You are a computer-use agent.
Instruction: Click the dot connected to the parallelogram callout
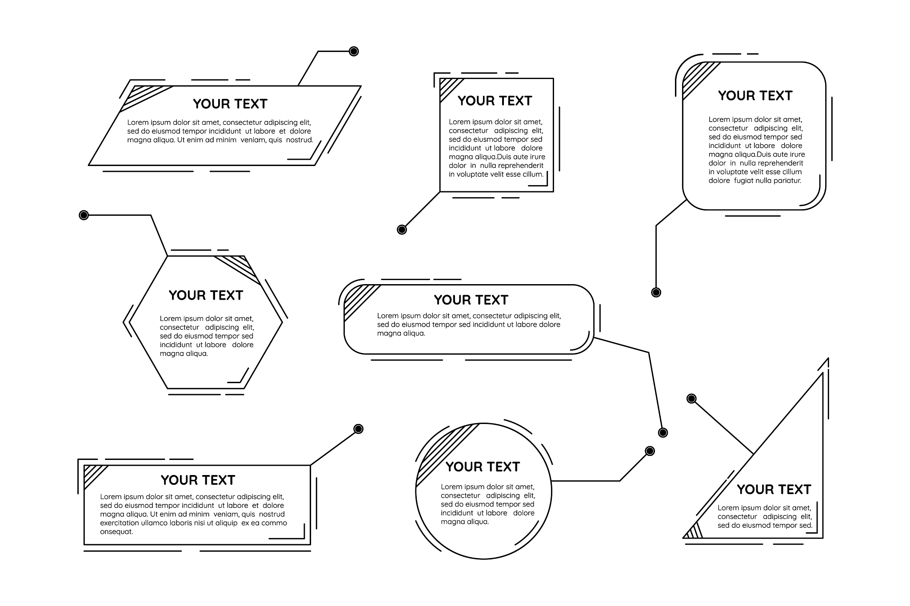point(354,51)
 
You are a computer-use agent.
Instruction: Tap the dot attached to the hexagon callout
point(84,215)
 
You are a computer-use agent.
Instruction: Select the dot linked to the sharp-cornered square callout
point(402,230)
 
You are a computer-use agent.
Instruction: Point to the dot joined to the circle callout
point(650,451)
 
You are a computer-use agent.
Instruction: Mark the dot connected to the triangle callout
point(691,398)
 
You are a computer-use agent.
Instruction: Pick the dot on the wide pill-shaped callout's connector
point(663,432)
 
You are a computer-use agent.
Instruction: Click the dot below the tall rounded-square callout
point(656,292)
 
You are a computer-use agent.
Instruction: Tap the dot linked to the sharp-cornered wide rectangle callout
point(358,429)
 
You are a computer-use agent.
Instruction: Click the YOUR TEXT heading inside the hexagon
point(206,295)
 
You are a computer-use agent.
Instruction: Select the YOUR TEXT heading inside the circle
point(483,467)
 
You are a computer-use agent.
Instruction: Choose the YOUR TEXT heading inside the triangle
point(774,489)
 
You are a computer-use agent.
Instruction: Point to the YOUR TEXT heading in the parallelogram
point(230,104)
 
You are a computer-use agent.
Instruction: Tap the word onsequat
point(116,532)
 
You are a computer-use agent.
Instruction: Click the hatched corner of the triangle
point(694,531)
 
